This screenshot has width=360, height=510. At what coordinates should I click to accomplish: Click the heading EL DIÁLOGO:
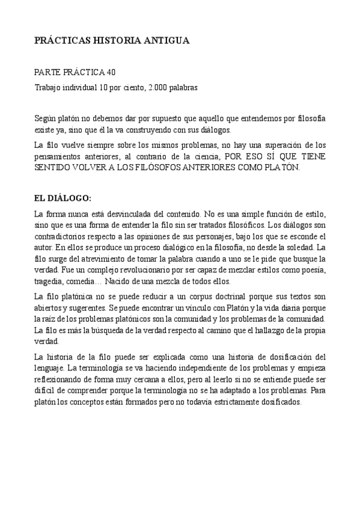click(63, 198)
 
